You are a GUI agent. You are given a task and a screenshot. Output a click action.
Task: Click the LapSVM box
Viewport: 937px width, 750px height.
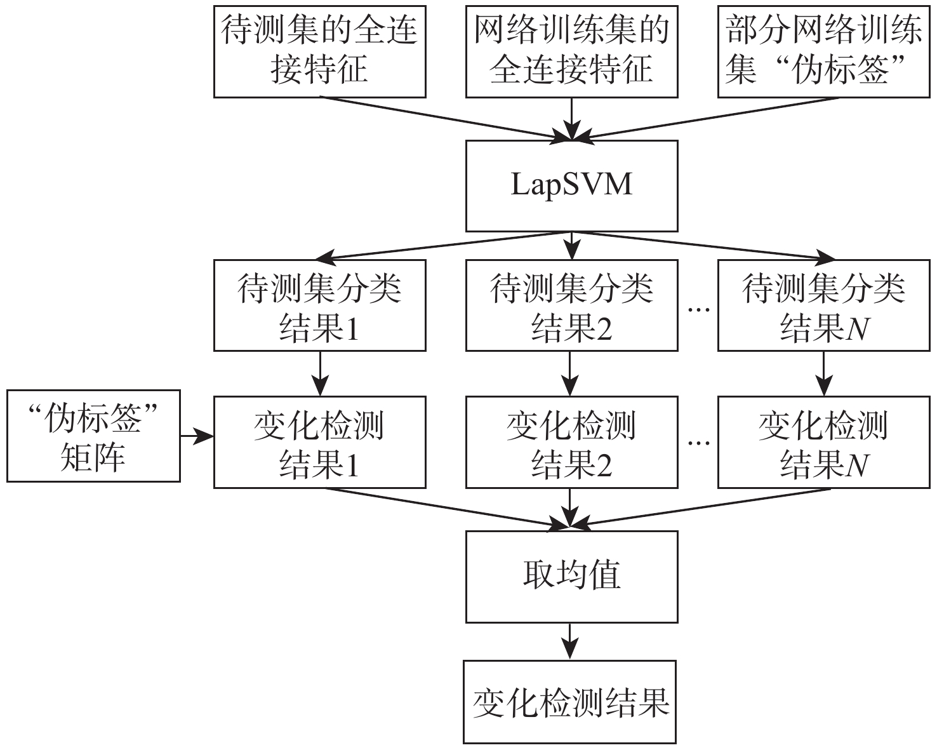click(x=571, y=185)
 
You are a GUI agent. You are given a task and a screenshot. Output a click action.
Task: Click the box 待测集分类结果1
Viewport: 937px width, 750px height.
click(x=319, y=305)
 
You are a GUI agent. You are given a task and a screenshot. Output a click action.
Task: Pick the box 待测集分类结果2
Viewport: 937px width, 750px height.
click(x=571, y=305)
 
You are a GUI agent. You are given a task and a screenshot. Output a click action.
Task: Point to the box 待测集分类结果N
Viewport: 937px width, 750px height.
click(x=823, y=305)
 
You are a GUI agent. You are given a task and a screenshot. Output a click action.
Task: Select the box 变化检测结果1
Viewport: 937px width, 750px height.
click(x=319, y=443)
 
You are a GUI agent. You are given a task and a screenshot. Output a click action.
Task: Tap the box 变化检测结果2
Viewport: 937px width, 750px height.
click(x=571, y=443)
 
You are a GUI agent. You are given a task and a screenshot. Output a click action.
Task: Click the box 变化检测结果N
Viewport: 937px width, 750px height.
click(x=823, y=443)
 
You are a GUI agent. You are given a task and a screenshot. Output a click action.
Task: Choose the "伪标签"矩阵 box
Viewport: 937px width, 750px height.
click(x=93, y=436)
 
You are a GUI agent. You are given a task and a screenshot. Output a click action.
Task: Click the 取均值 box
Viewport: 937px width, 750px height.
click(x=571, y=577)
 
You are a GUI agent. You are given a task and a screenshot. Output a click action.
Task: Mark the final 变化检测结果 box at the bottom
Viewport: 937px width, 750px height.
click(x=569, y=702)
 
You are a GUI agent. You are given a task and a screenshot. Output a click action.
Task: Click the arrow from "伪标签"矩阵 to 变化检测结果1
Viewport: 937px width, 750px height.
click(x=197, y=436)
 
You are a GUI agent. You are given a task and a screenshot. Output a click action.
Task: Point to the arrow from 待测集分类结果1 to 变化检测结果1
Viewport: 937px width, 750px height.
click(x=320, y=373)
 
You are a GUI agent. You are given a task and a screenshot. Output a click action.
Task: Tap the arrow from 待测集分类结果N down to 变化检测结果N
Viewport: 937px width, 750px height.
click(x=823, y=373)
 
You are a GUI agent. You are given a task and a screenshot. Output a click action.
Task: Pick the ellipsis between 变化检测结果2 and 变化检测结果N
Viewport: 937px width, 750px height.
click(x=698, y=443)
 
